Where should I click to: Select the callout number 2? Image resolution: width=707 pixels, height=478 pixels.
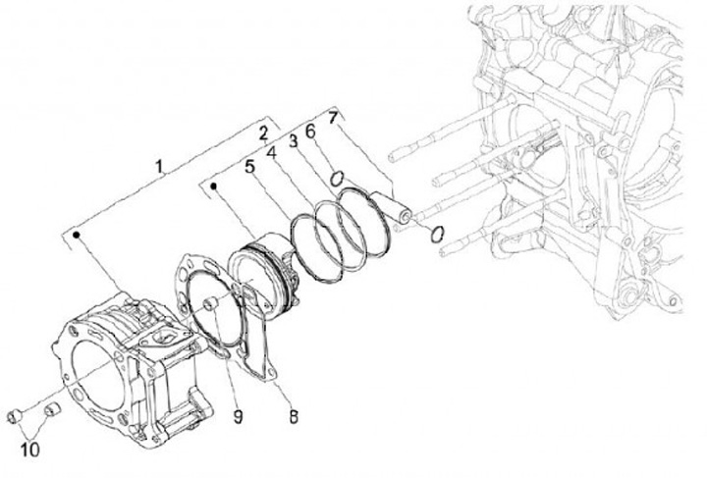tap(263, 133)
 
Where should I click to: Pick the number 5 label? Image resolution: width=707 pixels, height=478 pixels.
tap(250, 167)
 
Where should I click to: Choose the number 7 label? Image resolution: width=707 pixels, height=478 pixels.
tap(334, 119)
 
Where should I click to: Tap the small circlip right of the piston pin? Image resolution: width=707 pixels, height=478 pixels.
tap(437, 234)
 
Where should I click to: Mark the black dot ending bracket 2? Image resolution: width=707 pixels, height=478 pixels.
tap(210, 183)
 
